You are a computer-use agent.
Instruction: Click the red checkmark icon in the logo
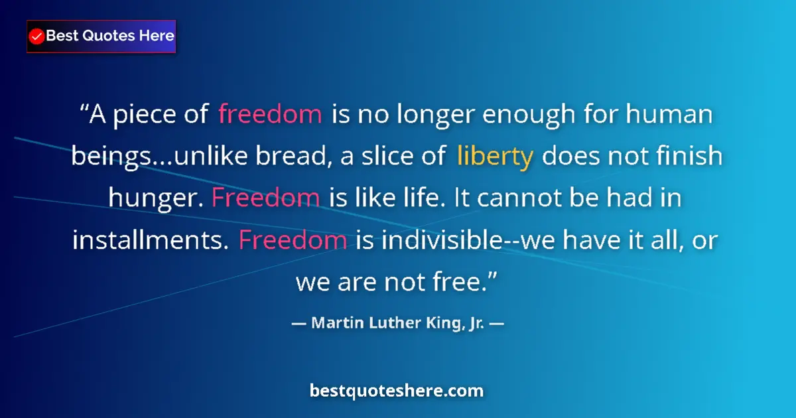click(x=37, y=36)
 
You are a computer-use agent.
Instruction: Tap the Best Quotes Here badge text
click(x=110, y=36)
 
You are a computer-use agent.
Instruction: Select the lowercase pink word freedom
click(x=270, y=115)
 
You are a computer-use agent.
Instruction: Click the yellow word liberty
click(x=495, y=157)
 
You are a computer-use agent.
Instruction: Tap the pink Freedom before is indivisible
click(x=293, y=240)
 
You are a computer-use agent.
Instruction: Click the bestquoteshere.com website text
click(x=397, y=391)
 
